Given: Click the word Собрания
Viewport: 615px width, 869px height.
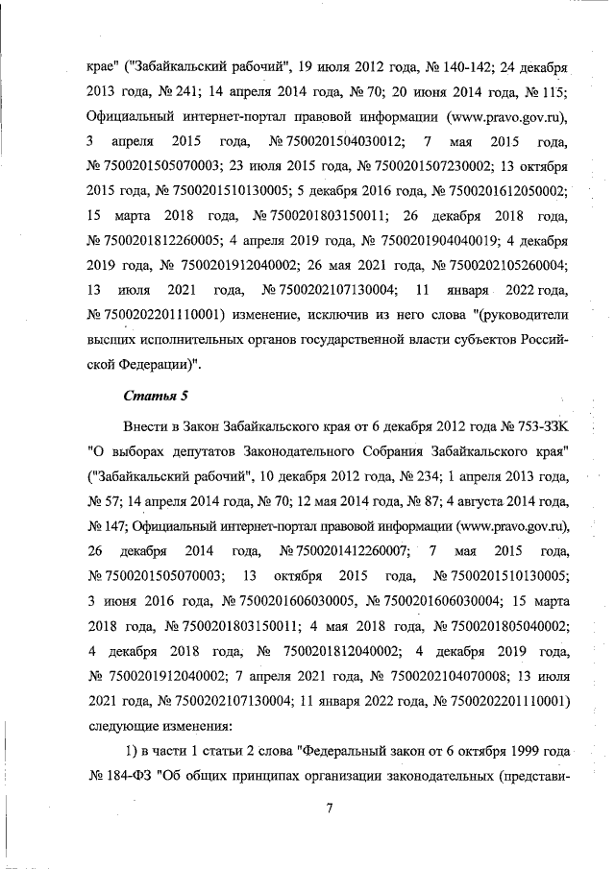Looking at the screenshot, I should (x=380, y=450).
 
